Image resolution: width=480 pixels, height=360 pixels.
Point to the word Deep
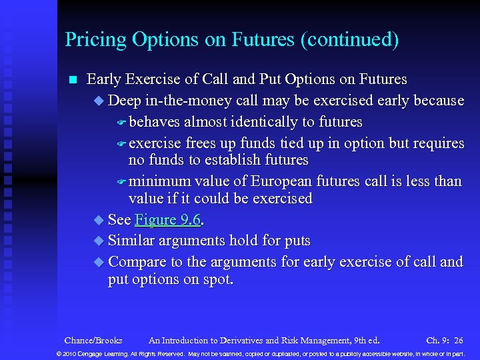(124, 101)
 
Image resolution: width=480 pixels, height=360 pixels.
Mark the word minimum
(157, 181)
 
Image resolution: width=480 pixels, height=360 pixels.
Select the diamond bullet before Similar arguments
(100, 241)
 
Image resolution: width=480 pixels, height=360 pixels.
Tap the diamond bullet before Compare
(100, 262)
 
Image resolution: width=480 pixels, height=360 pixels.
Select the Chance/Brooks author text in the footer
(93, 340)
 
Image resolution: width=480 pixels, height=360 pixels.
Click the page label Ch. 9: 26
(445, 340)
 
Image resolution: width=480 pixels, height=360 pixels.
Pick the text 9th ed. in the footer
(365, 340)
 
